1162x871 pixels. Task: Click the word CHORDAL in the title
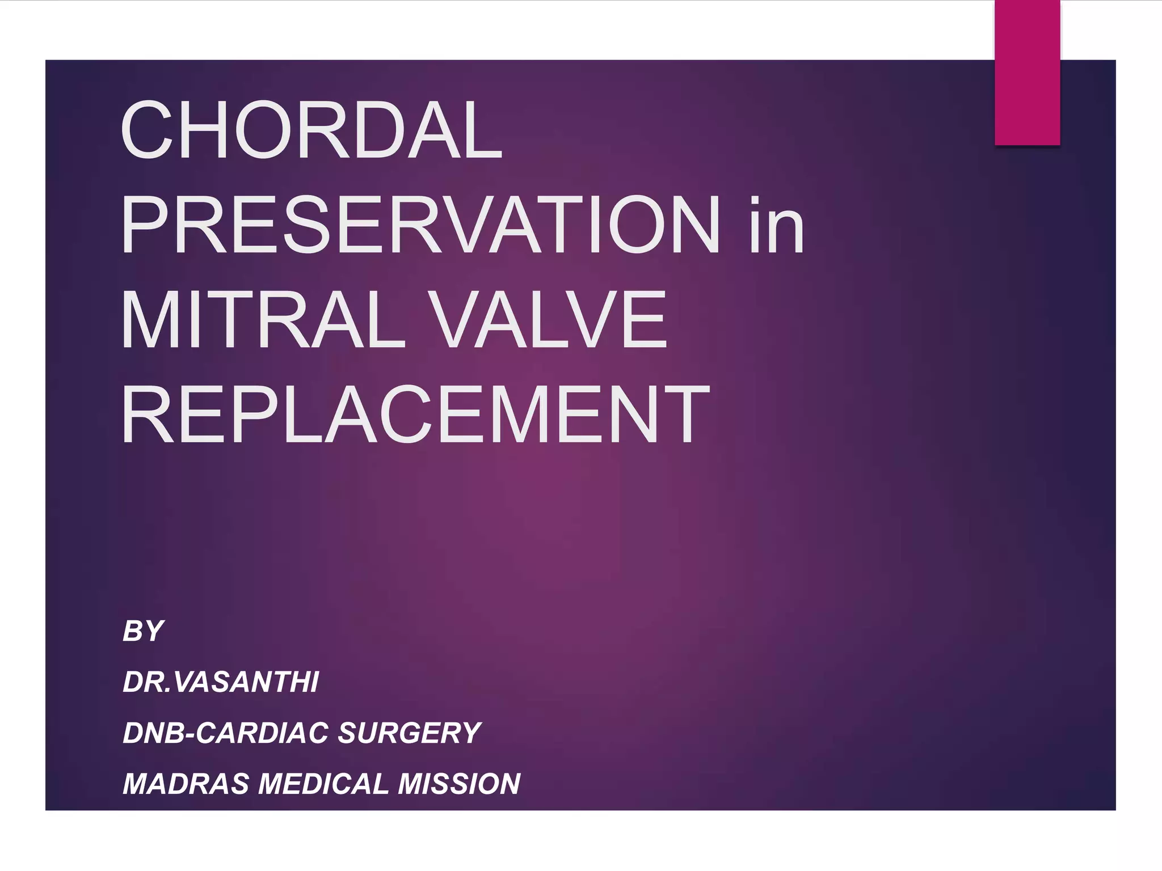311,130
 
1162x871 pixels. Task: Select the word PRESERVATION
420,225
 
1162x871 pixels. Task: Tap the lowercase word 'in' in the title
776,225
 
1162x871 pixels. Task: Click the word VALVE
548,319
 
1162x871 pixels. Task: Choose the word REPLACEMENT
415,414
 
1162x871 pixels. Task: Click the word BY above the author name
144,631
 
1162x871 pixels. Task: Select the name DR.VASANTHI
221,682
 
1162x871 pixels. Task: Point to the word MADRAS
186,784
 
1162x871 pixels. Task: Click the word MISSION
459,784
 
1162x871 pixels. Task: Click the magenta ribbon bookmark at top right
1027,73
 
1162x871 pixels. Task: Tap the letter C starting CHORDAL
146,130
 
